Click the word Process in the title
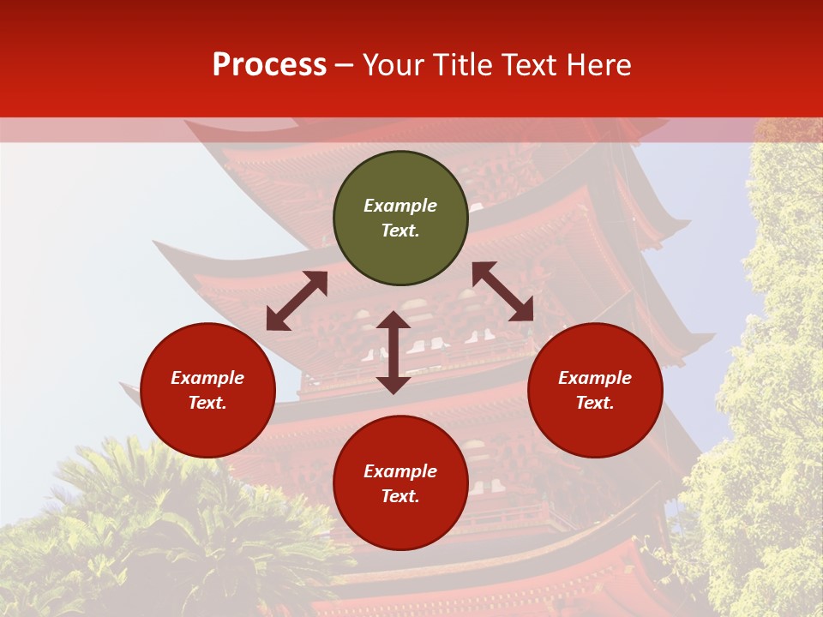(x=269, y=65)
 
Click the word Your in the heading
(x=393, y=65)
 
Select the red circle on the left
(x=207, y=420)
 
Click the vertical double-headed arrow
(x=393, y=352)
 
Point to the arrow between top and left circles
(x=297, y=301)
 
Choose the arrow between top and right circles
(x=503, y=291)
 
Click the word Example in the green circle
(x=400, y=206)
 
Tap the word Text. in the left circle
(x=207, y=403)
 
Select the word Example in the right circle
(x=595, y=378)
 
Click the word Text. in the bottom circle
(x=400, y=496)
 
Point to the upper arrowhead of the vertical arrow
(x=393, y=320)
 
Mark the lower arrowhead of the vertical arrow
(x=393, y=385)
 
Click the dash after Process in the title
(x=345, y=65)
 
